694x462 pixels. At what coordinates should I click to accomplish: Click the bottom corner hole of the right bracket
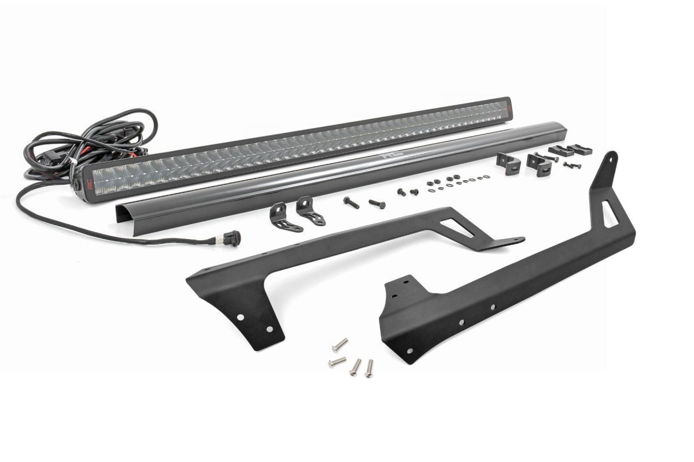pos(409,351)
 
